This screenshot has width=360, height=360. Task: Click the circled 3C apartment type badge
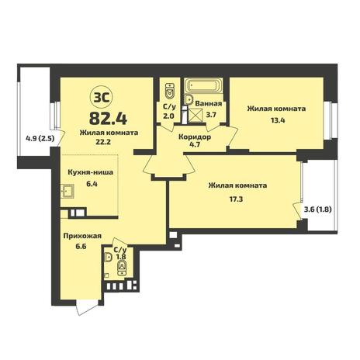click(x=101, y=98)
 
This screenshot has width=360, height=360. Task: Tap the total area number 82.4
click(x=108, y=119)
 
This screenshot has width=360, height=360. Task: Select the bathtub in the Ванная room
click(x=203, y=85)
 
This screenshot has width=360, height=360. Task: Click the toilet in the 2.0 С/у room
click(x=170, y=91)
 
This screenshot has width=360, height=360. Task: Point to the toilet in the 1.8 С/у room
click(x=122, y=268)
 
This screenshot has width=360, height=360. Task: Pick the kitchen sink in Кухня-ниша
click(x=67, y=191)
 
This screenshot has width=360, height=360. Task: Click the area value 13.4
click(x=276, y=120)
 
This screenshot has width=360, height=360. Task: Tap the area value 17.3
click(x=237, y=199)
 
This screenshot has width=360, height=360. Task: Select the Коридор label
click(x=195, y=137)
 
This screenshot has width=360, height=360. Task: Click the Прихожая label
click(x=82, y=236)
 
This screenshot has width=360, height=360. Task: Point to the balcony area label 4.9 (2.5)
click(x=40, y=139)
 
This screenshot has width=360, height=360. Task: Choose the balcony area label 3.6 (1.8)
click(x=317, y=209)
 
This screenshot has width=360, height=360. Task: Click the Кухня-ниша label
click(x=90, y=172)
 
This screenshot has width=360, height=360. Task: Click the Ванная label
click(x=209, y=104)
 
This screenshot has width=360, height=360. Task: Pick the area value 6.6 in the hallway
click(x=81, y=247)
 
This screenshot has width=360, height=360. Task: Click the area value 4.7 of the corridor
click(x=195, y=144)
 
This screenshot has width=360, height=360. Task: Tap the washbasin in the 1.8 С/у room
click(x=108, y=258)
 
